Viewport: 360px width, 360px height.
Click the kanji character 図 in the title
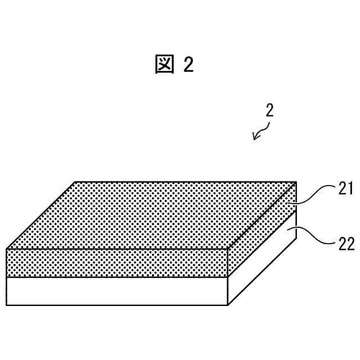(x=165, y=65)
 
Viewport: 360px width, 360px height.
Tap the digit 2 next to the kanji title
(x=188, y=65)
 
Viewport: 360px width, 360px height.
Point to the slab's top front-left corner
(x=7, y=249)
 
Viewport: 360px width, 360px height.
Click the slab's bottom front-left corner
(x=7, y=305)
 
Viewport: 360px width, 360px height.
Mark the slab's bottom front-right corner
(x=228, y=305)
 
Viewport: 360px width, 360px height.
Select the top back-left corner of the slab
(x=75, y=182)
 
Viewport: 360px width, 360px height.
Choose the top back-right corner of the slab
(x=296, y=182)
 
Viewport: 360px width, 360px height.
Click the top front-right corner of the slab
(x=228, y=249)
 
